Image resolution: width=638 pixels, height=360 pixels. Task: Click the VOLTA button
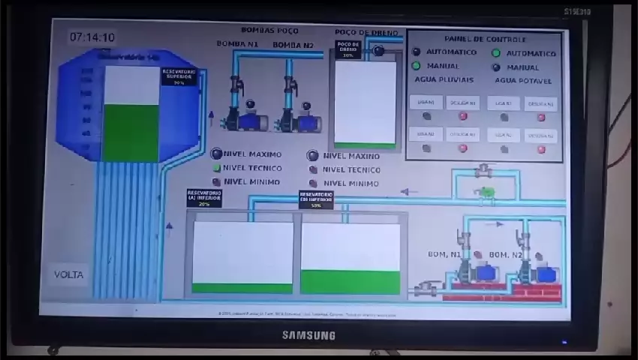tap(69, 274)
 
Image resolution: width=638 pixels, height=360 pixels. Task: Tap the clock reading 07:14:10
tap(92, 37)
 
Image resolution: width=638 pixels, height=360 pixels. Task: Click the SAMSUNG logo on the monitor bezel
tap(308, 335)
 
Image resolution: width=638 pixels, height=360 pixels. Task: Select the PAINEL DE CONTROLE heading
tap(485, 39)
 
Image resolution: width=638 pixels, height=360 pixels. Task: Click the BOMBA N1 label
tap(237, 45)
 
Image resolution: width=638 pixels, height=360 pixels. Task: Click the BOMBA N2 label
tap(293, 45)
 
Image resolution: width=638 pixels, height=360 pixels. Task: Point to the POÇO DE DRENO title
tap(366, 33)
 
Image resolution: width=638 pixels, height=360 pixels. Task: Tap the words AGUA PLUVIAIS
tap(444, 80)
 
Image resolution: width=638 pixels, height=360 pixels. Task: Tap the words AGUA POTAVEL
tap(523, 80)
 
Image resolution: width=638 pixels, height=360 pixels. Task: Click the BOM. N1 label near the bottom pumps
tap(444, 254)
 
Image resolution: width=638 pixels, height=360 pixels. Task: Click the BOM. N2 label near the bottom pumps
tap(505, 255)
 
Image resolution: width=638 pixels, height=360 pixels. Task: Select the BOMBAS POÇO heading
tap(269, 31)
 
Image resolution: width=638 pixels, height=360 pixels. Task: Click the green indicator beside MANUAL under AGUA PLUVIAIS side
tap(416, 66)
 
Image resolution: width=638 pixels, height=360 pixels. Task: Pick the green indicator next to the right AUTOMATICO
tap(496, 53)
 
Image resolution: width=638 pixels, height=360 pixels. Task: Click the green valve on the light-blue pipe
tap(487, 193)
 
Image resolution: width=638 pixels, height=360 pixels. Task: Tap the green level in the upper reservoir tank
tap(131, 132)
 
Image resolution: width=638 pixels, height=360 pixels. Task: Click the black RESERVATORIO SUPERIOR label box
tap(179, 76)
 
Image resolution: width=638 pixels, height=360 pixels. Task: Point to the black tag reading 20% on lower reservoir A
tap(204, 198)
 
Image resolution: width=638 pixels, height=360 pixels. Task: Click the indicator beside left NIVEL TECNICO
tap(216, 169)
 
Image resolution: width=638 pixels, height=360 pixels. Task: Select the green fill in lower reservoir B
tap(350, 281)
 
